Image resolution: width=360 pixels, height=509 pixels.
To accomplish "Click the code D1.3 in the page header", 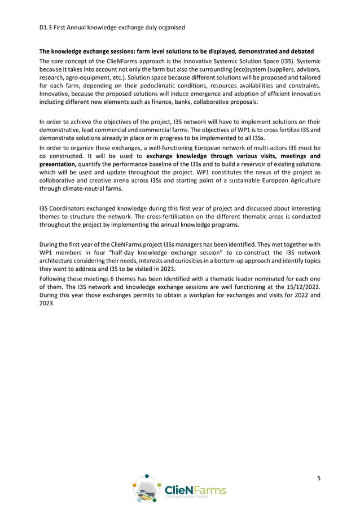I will [x=46, y=27].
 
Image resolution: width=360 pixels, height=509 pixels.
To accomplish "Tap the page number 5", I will [x=319, y=478].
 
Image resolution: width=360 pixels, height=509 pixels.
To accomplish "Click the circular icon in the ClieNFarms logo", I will [x=148, y=489].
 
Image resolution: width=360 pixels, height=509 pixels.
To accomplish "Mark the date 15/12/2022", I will [x=300, y=286].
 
